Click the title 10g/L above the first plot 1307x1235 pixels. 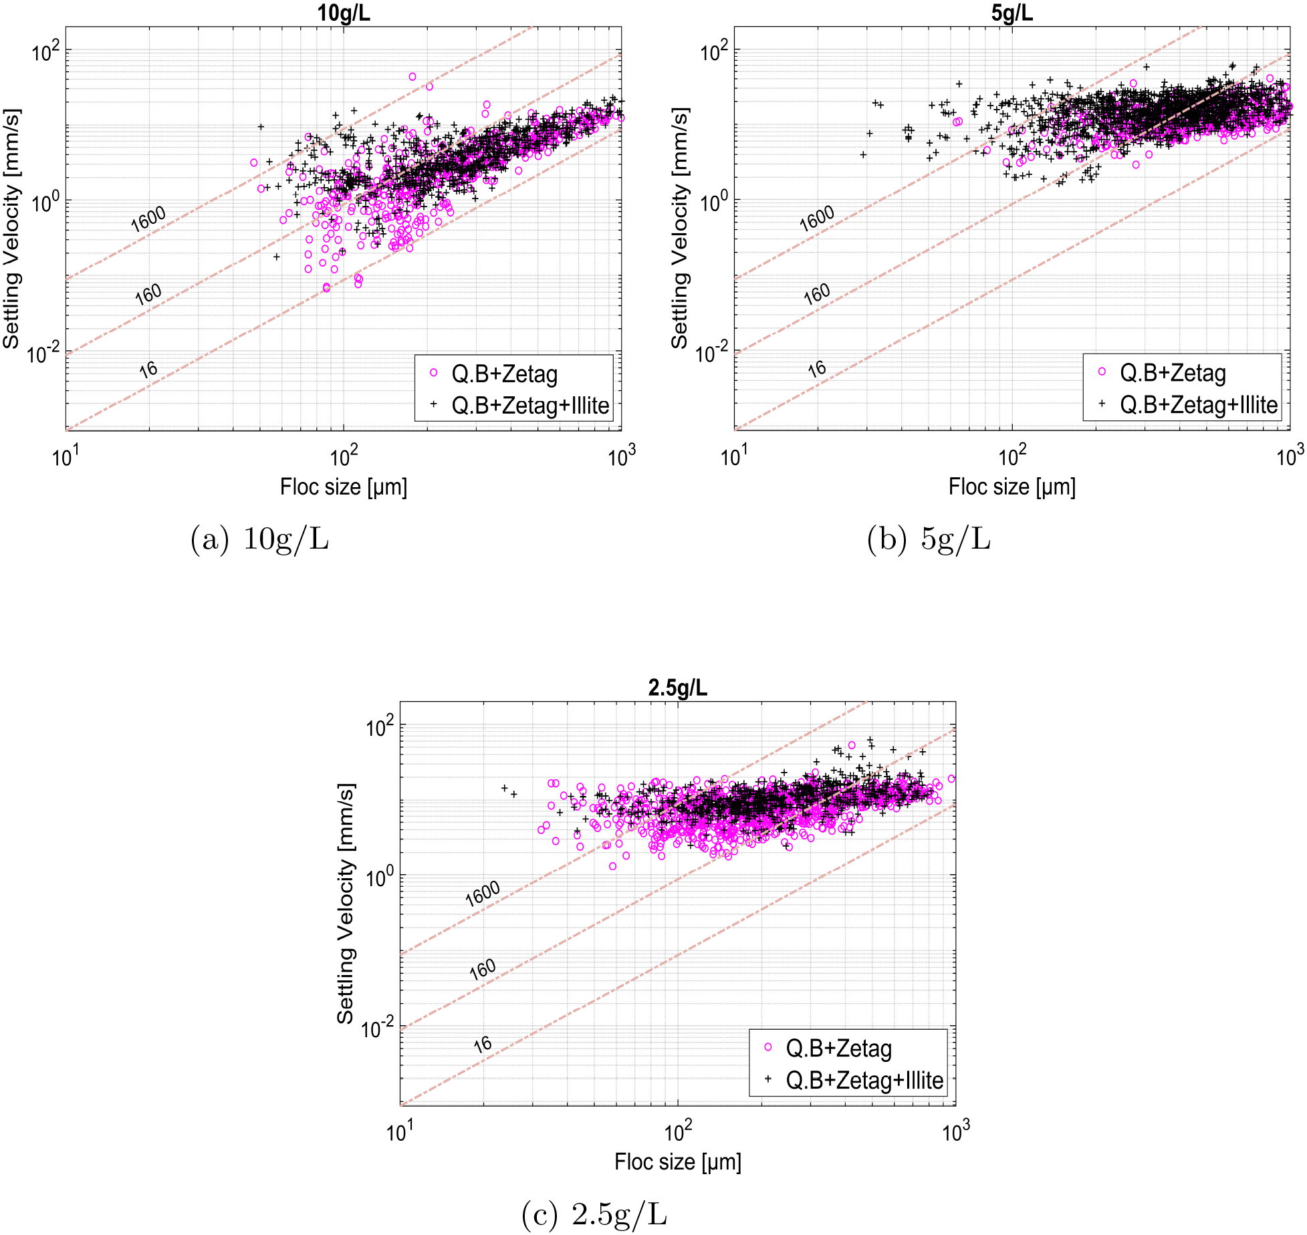pos(343,13)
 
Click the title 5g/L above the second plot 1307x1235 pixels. pos(1012,13)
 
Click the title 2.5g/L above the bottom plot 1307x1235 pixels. pos(677,688)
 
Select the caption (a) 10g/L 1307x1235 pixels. pos(259,539)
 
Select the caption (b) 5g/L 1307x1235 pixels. pos(929,539)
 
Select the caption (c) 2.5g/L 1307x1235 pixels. pos(594,1214)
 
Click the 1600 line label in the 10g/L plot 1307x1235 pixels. pos(148,219)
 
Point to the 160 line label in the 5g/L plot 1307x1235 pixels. pos(816,294)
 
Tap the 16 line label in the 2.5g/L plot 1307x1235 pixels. pos(482,1045)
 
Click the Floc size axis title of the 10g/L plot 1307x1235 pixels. pos(343,487)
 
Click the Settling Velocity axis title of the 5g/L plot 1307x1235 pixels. pos(679,229)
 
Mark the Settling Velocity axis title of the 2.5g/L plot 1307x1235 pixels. pos(345,904)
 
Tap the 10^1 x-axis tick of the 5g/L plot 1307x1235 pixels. pos(734,457)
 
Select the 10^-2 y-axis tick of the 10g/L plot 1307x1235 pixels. pos(44,352)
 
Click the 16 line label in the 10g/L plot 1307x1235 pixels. pos(148,370)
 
